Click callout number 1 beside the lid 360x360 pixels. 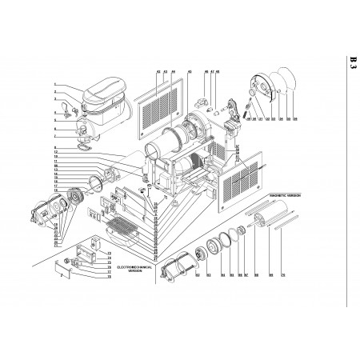[55, 85]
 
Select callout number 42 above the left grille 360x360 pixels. [158, 71]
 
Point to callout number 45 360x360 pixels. [189, 71]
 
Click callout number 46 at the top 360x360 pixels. [205, 71]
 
